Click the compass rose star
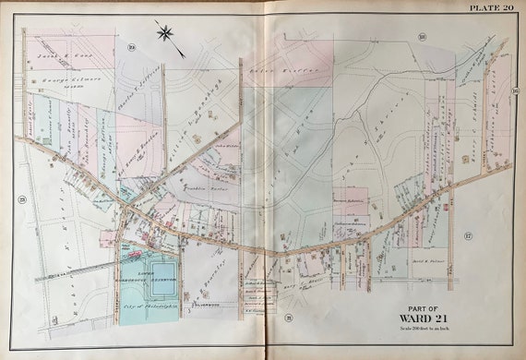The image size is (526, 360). coord(165,35)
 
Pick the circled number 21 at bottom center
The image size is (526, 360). coord(288,318)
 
